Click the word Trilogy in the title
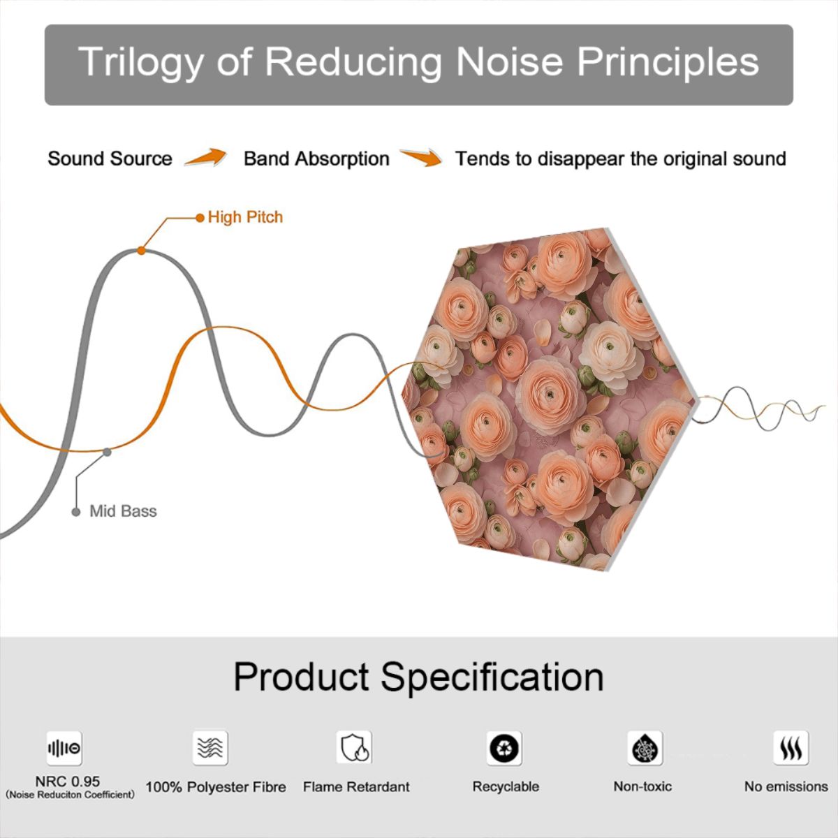140,63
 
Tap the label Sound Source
110,159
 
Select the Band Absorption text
316,159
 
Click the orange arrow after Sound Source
206,157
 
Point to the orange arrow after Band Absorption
421,157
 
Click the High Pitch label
245,217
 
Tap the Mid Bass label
123,511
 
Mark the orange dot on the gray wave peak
141,251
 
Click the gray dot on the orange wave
107,453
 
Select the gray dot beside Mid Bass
76,512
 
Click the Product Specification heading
419,677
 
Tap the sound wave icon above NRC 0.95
64,748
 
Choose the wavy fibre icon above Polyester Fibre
210,748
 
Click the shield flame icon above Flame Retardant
354,747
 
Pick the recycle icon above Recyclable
504,748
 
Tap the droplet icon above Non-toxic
645,748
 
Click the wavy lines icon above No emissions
791,748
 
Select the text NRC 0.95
68,781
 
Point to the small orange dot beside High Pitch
200,218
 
